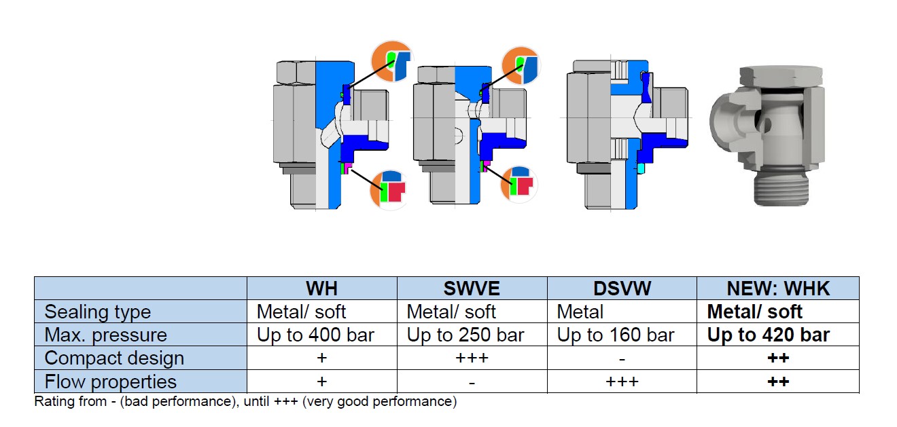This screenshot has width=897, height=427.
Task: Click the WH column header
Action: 321,289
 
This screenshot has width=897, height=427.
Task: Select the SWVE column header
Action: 472,289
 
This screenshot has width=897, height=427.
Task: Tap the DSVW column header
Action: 622,289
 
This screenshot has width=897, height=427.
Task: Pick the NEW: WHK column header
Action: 778,289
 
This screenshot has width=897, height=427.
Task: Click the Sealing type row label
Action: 97,312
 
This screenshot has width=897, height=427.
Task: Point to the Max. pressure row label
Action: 105,335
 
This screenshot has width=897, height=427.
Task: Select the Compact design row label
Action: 114,358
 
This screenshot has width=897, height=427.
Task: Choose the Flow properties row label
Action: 110,382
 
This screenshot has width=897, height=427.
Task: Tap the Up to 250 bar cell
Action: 465,335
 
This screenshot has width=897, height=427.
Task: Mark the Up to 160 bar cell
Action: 616,335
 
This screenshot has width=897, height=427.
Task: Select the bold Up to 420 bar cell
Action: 768,335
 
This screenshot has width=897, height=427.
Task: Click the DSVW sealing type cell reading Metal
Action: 580,312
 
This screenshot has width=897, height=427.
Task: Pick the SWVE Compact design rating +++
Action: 472,358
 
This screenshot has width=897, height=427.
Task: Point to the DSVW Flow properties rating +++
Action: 622,382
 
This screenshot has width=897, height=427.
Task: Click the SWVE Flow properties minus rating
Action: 472,382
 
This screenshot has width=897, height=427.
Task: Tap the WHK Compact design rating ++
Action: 778,358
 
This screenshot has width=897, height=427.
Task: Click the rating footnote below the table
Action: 245,401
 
